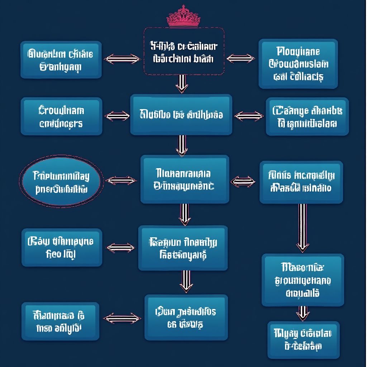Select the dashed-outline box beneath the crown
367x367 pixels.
pos(184,51)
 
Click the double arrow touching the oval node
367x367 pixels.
pos(121,181)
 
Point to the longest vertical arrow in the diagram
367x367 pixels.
pos(302,227)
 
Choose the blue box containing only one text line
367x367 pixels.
pos(181,115)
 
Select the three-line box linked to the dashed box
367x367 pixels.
pos(298,64)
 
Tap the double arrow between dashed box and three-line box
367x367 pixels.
pos(240,58)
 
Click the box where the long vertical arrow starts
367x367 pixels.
pos(301,182)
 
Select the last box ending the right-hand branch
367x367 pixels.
pos(303,340)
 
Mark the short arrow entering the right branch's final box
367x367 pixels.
pos(303,313)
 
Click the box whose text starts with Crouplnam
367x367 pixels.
pos(61,116)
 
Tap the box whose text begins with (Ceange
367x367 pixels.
pos(307,116)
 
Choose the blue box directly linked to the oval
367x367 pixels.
pos(185,180)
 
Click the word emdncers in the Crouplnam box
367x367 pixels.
pos(61,124)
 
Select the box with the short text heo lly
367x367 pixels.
pos(62,248)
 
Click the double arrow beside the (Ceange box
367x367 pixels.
pos(249,116)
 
